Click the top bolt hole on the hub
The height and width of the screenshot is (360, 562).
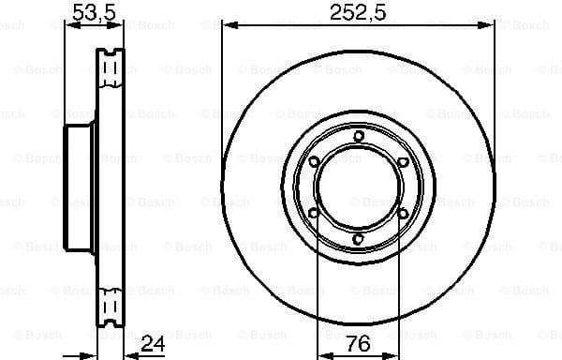coord(359,138)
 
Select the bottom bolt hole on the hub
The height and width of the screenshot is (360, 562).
coord(359,240)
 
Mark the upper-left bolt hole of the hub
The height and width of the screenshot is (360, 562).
coord(315,163)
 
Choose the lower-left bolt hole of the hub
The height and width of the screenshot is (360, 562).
coord(315,215)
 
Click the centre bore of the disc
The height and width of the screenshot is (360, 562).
coord(359,188)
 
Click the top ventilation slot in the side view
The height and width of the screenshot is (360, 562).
coord(111,59)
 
